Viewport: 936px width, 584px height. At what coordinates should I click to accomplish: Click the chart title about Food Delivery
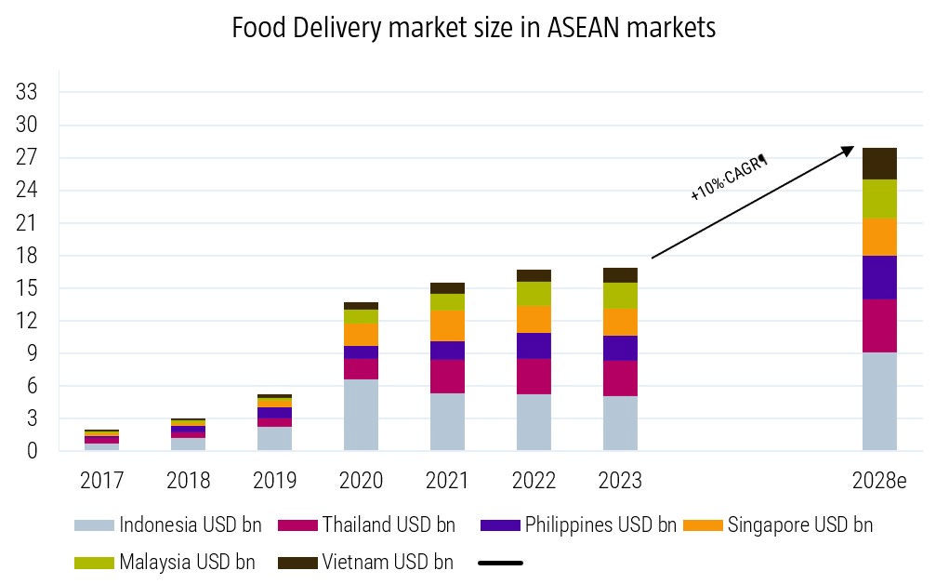474,29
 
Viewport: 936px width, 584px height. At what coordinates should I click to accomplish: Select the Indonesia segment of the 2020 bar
361,415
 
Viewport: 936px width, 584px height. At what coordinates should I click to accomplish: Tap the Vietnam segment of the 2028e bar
879,164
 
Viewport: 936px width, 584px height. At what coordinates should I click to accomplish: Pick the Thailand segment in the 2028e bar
879,325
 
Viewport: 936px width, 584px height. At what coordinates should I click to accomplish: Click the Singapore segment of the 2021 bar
447,325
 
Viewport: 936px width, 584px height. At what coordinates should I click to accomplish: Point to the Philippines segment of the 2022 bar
534,346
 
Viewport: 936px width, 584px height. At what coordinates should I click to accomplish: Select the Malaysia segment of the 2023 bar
620,296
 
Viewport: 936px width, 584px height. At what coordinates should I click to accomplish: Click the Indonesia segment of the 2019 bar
274,439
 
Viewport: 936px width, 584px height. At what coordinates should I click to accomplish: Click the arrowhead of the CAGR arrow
849,149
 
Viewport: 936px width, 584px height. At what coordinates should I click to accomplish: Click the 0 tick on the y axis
32,452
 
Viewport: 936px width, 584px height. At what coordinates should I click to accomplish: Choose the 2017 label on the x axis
101,481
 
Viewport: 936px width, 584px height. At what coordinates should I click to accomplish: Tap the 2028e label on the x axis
878,481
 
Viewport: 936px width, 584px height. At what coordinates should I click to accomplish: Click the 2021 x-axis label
447,481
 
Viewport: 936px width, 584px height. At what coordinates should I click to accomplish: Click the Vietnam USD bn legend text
388,563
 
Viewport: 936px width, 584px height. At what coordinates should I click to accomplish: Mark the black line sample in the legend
500,563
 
